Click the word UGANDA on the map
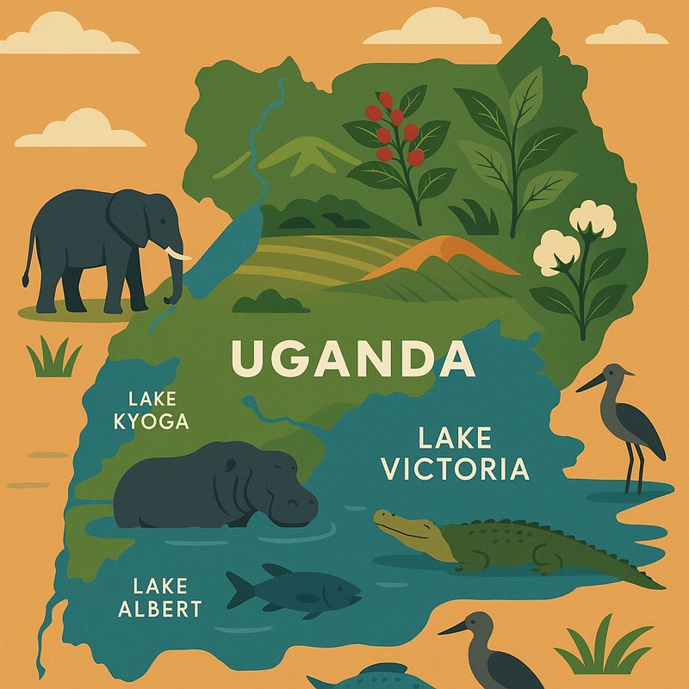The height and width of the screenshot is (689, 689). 353,359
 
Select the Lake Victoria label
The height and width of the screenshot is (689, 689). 455,454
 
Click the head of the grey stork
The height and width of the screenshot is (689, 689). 615,376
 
